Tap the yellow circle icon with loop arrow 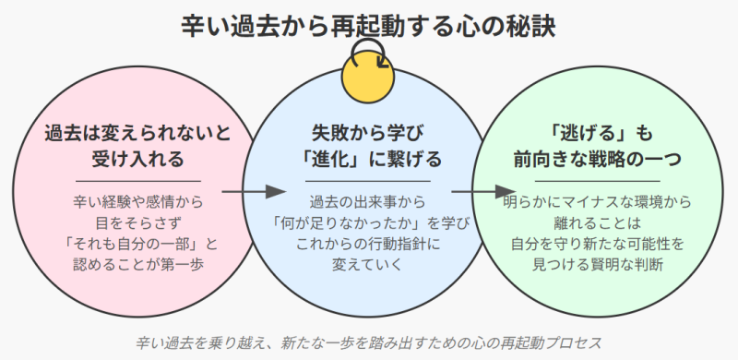point(368,73)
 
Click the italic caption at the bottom point(369,342)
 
